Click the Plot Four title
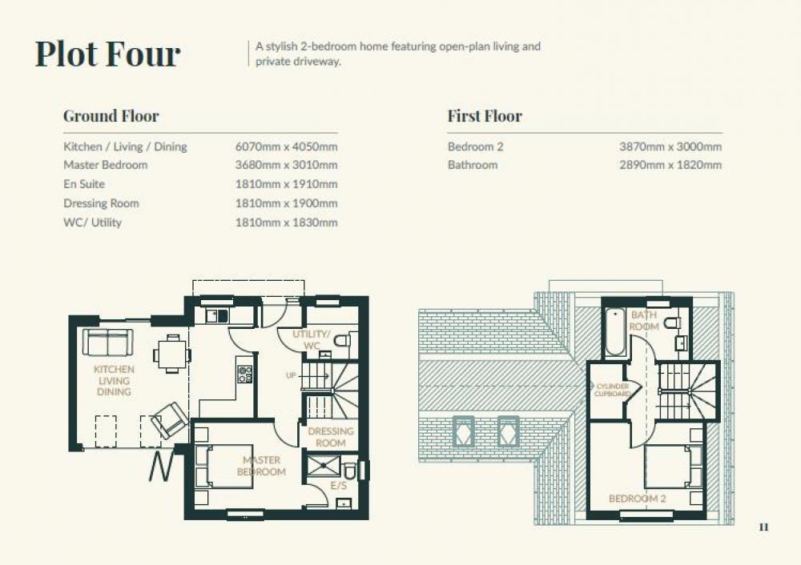coord(108,54)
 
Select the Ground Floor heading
coord(111,116)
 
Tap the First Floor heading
coord(485,116)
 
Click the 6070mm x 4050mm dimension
coord(286,147)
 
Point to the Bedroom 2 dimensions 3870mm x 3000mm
coord(670,147)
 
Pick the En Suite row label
coord(84,184)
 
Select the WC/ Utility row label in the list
coord(92,222)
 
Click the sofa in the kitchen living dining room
coord(108,342)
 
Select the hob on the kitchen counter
coord(244,374)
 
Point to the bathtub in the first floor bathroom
coord(615,331)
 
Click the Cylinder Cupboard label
coord(612,390)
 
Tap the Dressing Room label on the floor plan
coord(331,437)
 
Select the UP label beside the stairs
coord(291,375)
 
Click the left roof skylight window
coord(463,431)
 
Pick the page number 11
coord(763,527)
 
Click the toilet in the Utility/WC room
coord(343,340)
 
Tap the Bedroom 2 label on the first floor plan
coord(638,499)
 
